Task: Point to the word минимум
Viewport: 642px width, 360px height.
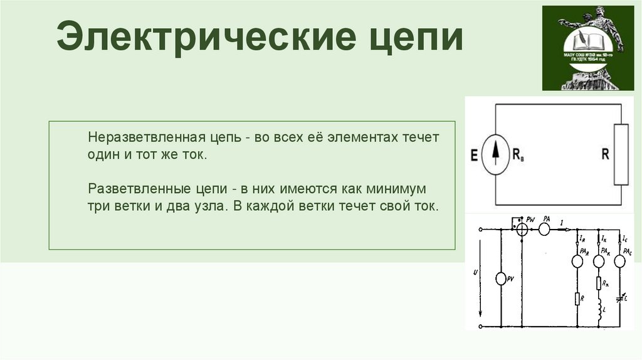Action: tap(397, 188)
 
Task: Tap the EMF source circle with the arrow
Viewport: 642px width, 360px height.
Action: tap(496, 155)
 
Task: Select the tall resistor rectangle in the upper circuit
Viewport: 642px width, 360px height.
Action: tap(621, 154)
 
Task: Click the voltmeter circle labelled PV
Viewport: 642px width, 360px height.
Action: tap(502, 279)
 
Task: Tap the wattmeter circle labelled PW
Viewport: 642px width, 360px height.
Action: tap(522, 230)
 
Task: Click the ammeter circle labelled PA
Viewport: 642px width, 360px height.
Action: tap(545, 230)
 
